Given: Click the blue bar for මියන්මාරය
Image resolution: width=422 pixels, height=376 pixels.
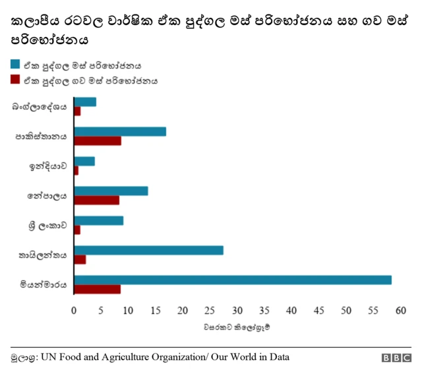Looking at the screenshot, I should [233, 280].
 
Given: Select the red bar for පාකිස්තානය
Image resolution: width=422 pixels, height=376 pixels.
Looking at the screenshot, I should [98, 141].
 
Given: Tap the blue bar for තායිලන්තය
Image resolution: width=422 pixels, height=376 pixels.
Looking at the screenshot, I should [149, 250].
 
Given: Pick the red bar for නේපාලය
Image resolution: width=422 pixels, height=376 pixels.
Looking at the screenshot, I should [97, 200].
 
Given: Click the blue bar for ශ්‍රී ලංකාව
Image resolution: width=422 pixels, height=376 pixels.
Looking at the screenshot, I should [99, 220].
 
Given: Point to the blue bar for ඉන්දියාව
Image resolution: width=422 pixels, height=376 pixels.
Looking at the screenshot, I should [84, 161].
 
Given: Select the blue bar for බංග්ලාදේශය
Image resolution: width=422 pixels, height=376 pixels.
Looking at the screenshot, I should [85, 102].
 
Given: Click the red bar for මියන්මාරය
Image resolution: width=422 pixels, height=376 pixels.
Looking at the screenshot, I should [98, 289].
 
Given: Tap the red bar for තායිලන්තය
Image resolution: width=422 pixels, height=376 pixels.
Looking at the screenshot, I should [80, 259].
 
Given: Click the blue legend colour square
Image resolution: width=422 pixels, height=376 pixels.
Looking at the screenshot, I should [15, 65].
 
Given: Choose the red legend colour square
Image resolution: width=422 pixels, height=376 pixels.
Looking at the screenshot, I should [15, 80].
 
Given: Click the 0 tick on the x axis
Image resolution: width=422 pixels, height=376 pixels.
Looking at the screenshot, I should [75, 310].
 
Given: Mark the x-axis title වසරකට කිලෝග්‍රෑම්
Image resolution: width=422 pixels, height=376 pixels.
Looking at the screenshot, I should [237, 326].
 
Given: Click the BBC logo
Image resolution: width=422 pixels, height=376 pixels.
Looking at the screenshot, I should [396, 358].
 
